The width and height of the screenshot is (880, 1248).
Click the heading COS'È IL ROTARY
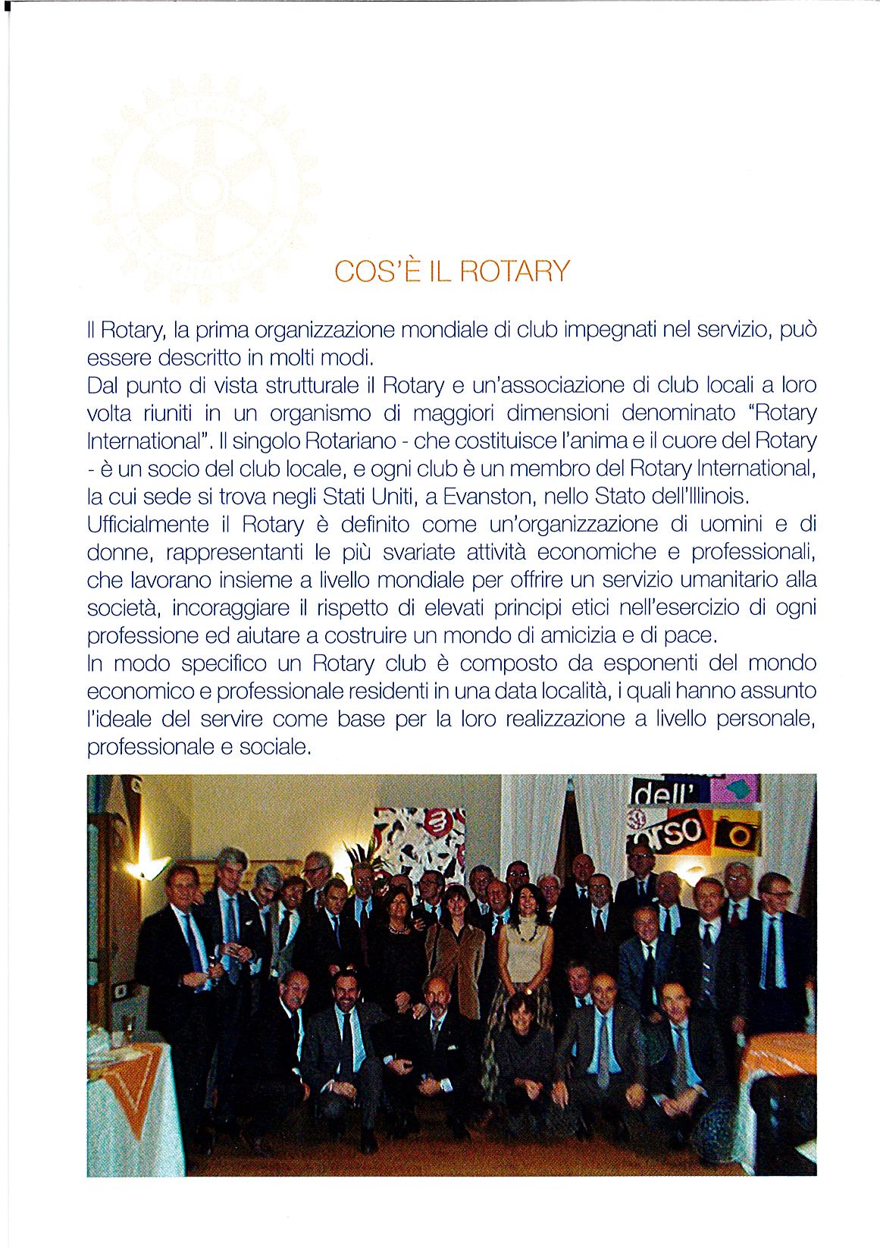(x=451, y=271)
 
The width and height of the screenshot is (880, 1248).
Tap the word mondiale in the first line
(x=443, y=330)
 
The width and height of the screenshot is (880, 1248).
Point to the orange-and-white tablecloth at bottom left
(x=129, y=1092)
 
